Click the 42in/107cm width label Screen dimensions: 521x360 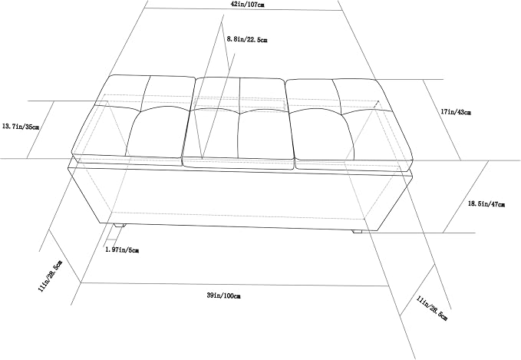[x=248, y=5]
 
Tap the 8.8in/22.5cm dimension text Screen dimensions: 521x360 [x=247, y=39]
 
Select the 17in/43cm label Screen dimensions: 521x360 [x=456, y=112]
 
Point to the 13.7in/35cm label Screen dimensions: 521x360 [x=20, y=127]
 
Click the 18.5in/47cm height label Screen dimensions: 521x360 [x=486, y=203]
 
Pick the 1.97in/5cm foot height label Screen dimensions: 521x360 [x=122, y=249]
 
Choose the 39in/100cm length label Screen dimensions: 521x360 [x=223, y=296]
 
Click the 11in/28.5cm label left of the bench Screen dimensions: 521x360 [x=50, y=276]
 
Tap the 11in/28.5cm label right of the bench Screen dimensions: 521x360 [x=432, y=309]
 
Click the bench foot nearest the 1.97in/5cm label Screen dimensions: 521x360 [x=120, y=226]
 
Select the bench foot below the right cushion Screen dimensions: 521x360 [x=357, y=230]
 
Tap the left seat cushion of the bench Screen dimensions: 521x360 [x=133, y=119]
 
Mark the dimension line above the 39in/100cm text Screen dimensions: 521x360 [x=235, y=284]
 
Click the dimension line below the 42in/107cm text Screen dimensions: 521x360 [x=244, y=9]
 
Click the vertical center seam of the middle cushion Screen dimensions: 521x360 [x=239, y=118]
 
